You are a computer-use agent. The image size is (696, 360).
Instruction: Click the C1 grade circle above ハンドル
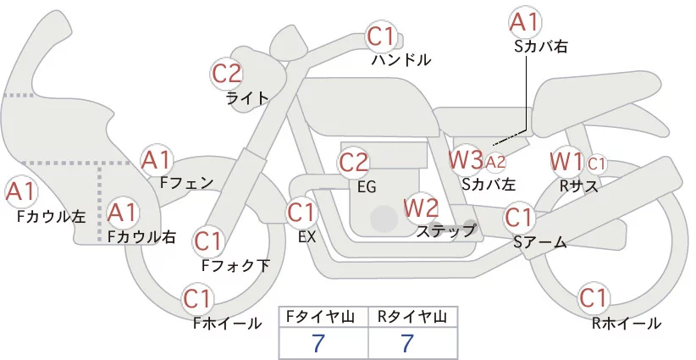381,36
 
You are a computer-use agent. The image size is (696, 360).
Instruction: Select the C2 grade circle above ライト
227,74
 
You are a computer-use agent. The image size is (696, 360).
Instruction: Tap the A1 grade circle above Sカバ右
525,21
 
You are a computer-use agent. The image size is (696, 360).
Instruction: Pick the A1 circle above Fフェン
157,159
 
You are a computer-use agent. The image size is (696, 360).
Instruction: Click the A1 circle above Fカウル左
21,192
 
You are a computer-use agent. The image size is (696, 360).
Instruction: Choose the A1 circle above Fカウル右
122,212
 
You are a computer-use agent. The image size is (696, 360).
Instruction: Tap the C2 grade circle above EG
354,162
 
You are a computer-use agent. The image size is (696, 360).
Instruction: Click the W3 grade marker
466,158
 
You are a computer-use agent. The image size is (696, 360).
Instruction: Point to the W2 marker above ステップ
421,206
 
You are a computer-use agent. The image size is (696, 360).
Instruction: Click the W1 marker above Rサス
566,159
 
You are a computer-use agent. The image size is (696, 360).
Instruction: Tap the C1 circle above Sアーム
519,217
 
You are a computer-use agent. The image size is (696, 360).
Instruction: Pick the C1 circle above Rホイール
593,298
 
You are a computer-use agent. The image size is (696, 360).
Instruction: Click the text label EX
307,237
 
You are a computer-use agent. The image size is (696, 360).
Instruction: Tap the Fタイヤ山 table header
324,316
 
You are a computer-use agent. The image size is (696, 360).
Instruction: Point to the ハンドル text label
401,59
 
